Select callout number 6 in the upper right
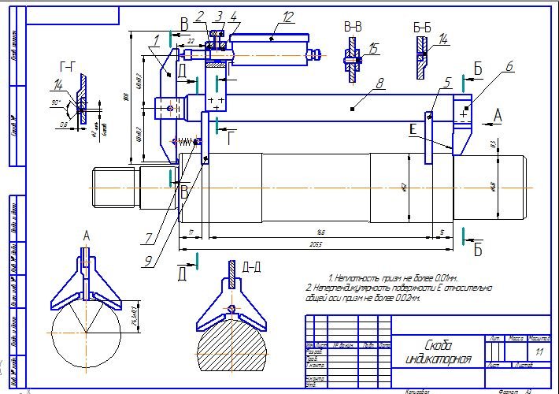[x=509, y=67]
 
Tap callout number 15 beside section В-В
[x=372, y=49]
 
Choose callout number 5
[x=446, y=81]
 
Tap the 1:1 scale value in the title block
[x=539, y=351]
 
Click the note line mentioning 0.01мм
[x=381, y=278]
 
